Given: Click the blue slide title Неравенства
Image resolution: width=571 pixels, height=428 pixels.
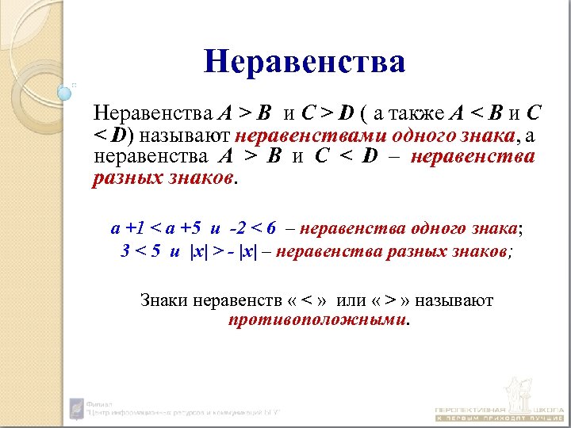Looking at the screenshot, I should pos(305,61).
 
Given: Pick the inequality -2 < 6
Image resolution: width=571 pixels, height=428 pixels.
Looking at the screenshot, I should pos(251,230).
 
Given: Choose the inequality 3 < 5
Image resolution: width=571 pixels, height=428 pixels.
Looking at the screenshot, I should pos(140,252).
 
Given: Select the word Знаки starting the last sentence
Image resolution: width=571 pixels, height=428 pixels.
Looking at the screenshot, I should pos(163,301).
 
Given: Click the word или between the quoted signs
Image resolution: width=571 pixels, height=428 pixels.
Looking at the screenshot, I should pos(351,301).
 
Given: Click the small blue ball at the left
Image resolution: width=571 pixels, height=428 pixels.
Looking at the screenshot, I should pos(65,94).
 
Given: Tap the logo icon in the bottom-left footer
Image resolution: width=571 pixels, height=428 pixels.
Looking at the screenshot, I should pos(76,408).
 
